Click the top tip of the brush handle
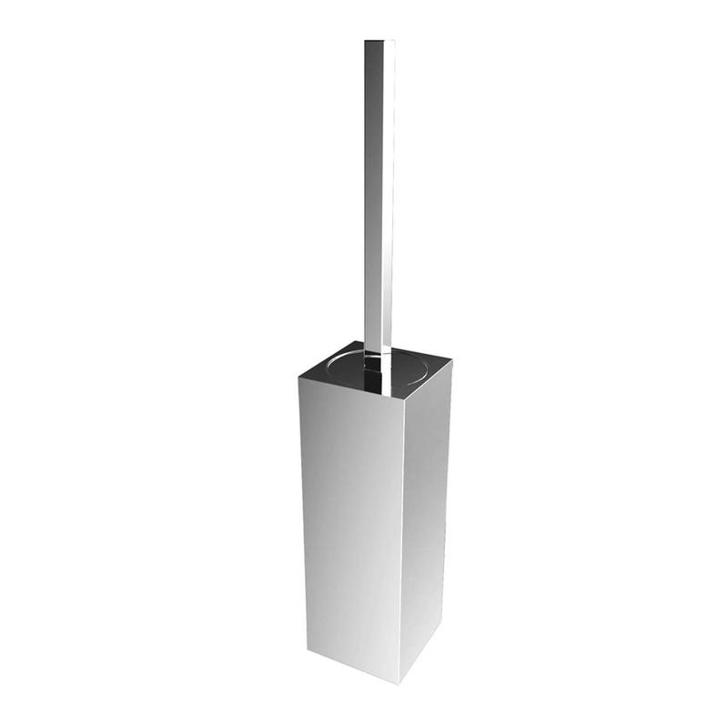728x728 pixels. coord(379,42)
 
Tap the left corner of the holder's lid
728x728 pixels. coord(299,368)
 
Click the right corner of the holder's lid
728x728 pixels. coord(451,356)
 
